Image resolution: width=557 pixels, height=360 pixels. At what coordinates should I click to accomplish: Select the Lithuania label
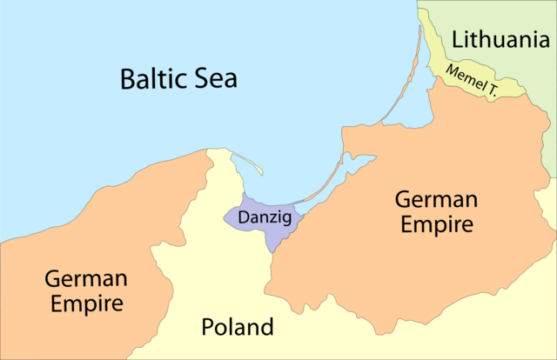click(x=501, y=39)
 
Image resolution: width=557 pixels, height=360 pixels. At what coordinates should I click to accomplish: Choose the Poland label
click(x=238, y=328)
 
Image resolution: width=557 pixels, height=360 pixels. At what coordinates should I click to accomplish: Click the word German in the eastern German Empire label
click(x=436, y=199)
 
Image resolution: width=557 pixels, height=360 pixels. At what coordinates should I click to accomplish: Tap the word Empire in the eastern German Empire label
click(x=436, y=225)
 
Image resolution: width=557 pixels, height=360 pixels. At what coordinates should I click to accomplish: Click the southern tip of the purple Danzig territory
click(x=271, y=250)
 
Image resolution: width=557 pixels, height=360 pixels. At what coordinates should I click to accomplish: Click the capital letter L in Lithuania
click(x=457, y=39)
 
